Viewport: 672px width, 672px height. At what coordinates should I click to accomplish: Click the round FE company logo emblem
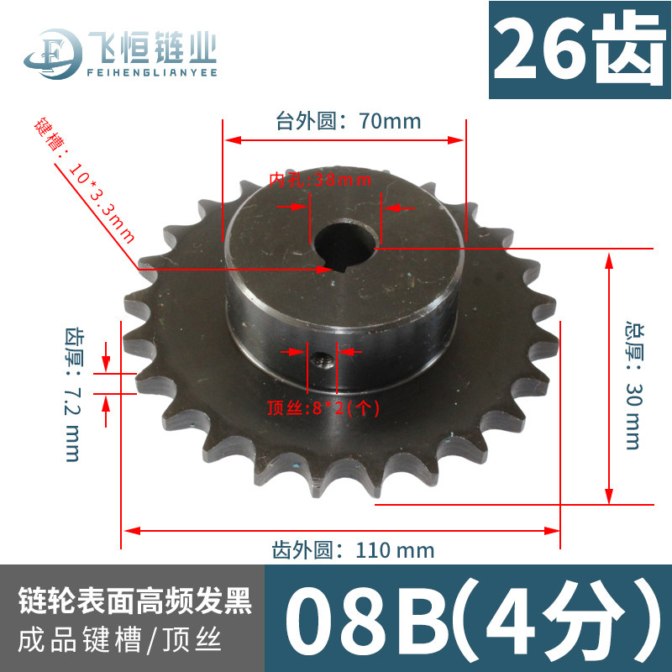click(x=54, y=54)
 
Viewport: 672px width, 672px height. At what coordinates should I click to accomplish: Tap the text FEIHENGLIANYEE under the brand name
click(x=152, y=72)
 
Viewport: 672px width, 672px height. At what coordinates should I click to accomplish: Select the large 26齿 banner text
click(x=580, y=50)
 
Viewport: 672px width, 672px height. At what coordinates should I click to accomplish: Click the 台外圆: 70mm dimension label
click(x=348, y=121)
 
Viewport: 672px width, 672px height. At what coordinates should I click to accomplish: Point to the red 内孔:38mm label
click(x=320, y=180)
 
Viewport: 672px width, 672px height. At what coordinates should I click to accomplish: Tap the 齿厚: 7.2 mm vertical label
click(x=72, y=395)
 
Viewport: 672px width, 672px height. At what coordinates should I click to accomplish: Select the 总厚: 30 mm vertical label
click(x=634, y=386)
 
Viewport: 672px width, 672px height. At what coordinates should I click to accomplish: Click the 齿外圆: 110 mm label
click(x=353, y=550)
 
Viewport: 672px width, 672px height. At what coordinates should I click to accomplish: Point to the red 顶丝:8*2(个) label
click(x=323, y=407)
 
